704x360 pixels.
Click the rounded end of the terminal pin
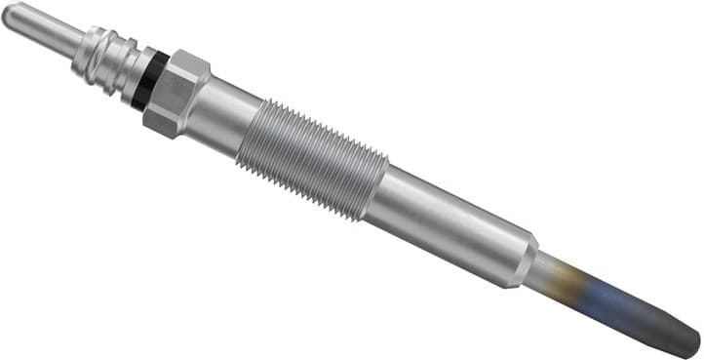click(9, 15)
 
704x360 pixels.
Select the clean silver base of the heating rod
click(551, 268)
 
